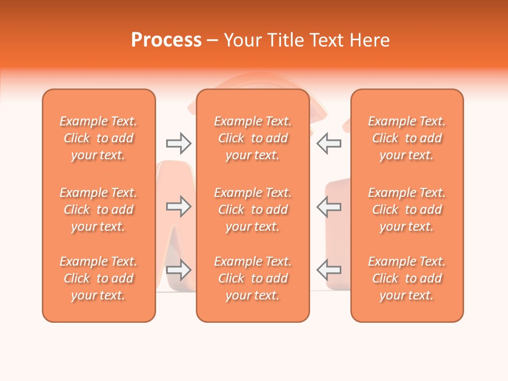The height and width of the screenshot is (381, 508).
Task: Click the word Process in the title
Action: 166,40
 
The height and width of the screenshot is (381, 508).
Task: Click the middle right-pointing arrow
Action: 178,206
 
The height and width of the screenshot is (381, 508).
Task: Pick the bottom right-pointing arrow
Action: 178,270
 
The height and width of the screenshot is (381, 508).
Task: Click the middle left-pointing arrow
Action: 329,206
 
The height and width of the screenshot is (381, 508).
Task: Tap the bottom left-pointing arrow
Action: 329,270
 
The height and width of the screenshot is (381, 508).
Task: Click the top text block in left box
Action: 98,138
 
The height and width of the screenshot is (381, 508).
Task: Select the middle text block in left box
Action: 98,210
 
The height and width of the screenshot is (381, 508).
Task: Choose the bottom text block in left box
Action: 98,278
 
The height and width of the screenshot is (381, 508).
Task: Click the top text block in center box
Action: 252,138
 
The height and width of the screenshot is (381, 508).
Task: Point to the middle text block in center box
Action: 252,210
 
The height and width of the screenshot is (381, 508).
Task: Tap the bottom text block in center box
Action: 252,278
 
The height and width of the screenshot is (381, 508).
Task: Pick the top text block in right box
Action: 407,138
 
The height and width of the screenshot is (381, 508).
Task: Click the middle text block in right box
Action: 407,210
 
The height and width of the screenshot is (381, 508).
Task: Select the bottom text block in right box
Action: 407,278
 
